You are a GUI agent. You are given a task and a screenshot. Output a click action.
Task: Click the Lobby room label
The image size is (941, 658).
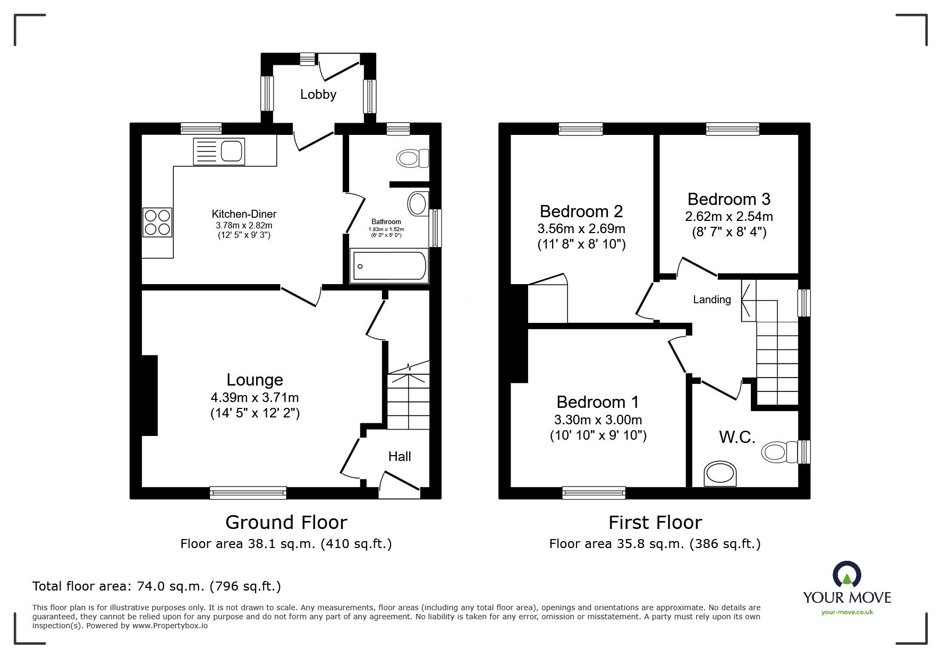coord(318,95)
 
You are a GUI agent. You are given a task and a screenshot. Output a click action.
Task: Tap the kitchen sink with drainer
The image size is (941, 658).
coord(219,151)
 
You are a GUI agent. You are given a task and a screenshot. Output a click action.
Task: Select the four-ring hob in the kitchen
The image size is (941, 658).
coord(157,222)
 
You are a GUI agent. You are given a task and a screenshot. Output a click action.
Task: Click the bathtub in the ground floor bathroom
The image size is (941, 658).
coord(388,267)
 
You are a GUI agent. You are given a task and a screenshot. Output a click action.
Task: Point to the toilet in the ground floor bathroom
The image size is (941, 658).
coord(413,158)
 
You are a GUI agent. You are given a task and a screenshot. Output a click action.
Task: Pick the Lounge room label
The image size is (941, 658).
coord(255,380)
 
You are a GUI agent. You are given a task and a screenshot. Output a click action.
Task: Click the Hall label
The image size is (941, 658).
coord(400,456)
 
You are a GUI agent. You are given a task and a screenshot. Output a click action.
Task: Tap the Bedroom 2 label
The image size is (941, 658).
coord(581,211)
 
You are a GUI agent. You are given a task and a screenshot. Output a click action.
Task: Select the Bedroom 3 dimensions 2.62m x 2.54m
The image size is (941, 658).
coord(728,217)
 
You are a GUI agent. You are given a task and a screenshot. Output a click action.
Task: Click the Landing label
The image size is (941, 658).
coord(712,300)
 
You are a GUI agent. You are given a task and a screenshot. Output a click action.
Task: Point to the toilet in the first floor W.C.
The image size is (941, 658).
coord(781,452)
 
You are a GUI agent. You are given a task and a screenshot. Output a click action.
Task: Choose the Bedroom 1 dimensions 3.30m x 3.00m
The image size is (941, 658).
coord(598,420)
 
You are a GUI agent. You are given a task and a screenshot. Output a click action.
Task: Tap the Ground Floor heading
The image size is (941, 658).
coord(286,523)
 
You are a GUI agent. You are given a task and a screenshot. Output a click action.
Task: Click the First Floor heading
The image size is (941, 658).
coord(655,523)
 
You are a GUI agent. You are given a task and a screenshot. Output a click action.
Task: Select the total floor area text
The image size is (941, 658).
coord(157,586)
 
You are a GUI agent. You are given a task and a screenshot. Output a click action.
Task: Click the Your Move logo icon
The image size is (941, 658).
coord(846,575)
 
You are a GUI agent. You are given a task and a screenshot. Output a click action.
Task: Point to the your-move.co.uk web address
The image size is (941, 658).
coord(847,612)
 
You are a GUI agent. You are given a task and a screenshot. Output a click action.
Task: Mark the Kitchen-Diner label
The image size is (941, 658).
coord(244,215)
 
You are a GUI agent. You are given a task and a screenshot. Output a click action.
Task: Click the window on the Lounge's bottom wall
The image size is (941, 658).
coord(248,493)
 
